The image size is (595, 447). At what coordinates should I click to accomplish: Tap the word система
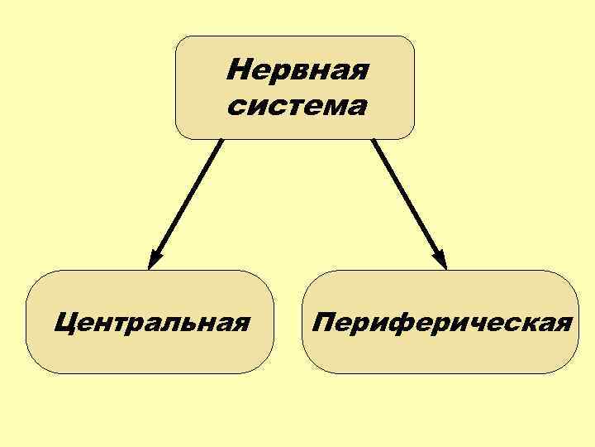pyautogui.click(x=297, y=106)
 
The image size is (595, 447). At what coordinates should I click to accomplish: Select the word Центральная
pyautogui.click(x=151, y=321)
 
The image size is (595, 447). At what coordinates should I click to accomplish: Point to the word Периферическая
pyautogui.click(x=441, y=321)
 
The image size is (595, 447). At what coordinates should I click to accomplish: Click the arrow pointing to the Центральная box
pyautogui.click(x=186, y=204)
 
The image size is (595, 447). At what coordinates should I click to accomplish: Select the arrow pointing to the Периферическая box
pyautogui.click(x=409, y=204)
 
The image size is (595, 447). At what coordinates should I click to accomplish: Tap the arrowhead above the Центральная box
pyautogui.click(x=154, y=259)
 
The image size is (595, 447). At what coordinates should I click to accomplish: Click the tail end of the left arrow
pyautogui.click(x=221, y=142)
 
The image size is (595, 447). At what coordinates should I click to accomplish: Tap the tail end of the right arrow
pyautogui.click(x=374, y=142)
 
